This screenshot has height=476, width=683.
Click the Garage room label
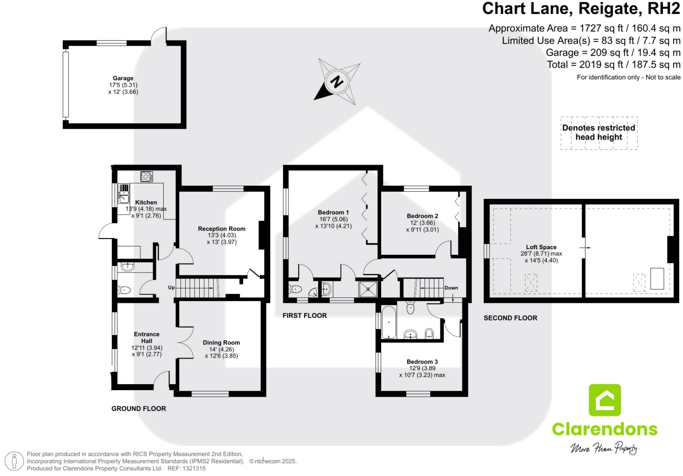(123, 78)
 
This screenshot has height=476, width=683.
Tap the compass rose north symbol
(337, 82)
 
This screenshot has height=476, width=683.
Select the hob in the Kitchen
(146, 176)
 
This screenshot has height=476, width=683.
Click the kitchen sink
(124, 194)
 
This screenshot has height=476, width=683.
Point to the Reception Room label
(222, 229)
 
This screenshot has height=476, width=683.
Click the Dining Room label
(221, 343)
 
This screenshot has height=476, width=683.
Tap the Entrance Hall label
(146, 337)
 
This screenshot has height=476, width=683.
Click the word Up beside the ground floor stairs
(171, 287)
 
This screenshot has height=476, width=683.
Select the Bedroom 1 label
(333, 212)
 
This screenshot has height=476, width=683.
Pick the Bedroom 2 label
(422, 216)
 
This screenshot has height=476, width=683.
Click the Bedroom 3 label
(422, 362)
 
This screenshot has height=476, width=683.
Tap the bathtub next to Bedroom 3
(389, 322)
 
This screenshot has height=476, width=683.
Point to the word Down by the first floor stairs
(451, 288)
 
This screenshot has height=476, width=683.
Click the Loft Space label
(541, 247)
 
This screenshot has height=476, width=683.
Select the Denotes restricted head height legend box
(599, 133)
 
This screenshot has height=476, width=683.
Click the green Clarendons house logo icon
(605, 400)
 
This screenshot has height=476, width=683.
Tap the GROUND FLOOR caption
(139, 408)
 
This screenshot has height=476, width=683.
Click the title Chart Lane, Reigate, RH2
(581, 9)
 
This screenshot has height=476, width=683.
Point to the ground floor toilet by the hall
(124, 290)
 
